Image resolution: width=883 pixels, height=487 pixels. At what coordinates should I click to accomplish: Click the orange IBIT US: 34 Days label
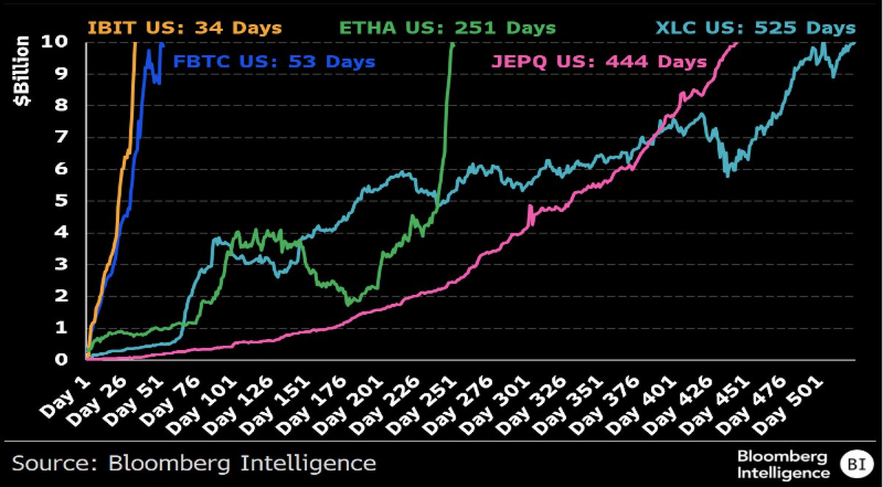click(x=184, y=28)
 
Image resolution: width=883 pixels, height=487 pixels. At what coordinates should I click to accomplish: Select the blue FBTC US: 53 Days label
click(x=274, y=62)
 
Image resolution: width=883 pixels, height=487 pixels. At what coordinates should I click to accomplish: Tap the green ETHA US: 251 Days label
click(x=447, y=28)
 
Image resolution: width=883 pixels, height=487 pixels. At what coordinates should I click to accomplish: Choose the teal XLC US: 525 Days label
click(x=756, y=28)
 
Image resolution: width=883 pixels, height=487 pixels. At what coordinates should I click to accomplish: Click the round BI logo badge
click(x=855, y=464)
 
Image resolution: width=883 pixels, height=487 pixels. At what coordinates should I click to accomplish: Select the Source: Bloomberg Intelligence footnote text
click(x=194, y=463)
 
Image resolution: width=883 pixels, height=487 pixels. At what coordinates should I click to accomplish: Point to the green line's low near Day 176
click(x=350, y=302)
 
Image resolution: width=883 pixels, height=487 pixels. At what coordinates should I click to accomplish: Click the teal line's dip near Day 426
click(x=727, y=174)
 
